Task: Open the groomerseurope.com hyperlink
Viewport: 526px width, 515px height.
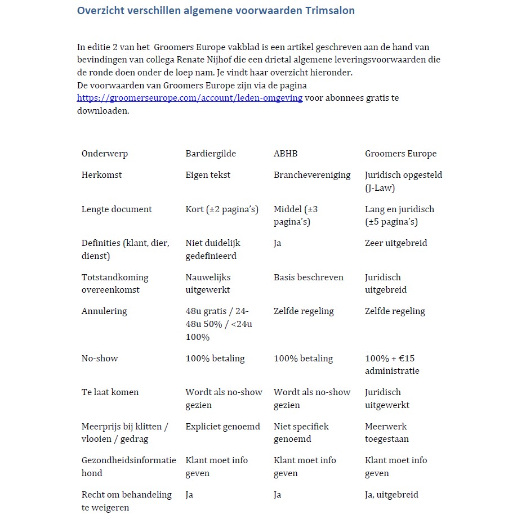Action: coord(190,98)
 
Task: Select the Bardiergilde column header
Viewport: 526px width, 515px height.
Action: coord(211,154)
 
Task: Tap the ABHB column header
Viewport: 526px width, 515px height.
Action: coord(286,154)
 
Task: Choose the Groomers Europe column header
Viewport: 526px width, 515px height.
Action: coord(400,154)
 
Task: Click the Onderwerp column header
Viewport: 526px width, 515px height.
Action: coord(105,154)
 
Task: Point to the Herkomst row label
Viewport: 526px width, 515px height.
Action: coord(101,175)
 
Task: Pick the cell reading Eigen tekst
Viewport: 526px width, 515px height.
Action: coord(208,175)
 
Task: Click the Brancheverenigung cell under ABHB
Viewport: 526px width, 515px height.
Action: coord(312,175)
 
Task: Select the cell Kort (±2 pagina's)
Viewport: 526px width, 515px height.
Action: coord(222,209)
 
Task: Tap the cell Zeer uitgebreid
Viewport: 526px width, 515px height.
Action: coord(396,243)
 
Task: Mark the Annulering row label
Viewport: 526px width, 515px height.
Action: coord(104,311)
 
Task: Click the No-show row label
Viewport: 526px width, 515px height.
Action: coord(100,359)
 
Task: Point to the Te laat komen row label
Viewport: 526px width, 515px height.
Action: coord(110,392)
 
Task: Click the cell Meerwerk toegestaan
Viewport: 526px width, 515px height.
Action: coord(387,432)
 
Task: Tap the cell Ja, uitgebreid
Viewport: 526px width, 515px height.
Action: coord(391,495)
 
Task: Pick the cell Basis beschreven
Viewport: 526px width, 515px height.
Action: coord(308,277)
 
